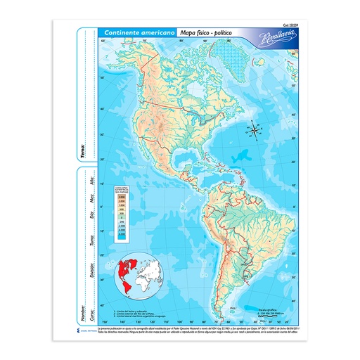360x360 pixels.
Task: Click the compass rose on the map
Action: point(254,131)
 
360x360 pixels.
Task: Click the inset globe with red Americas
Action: point(139,272)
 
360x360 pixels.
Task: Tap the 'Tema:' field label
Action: point(82,150)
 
